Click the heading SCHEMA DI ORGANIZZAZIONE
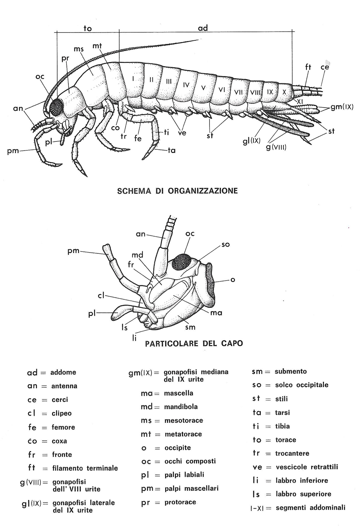coord(177,191)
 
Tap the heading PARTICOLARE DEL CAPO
coord(194,343)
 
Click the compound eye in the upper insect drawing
coord(57,106)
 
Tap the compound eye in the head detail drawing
coord(182,262)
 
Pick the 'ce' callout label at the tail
coord(325,67)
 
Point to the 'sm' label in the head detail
coord(190,327)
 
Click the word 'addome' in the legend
coord(63,372)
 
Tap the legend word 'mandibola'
coord(180,407)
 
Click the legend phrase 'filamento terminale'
coord(85,468)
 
